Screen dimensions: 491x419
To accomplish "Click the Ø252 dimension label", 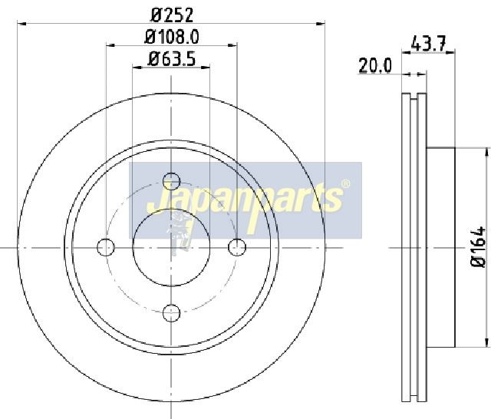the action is [172, 15].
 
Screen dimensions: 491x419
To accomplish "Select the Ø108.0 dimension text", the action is [172, 38].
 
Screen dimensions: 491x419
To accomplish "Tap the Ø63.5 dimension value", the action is [172, 59].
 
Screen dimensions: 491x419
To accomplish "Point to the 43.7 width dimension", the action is [427, 45].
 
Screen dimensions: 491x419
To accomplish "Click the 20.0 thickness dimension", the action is [375, 66].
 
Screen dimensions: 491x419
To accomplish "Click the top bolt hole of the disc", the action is [172, 181].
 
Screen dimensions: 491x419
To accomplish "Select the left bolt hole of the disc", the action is [106, 247].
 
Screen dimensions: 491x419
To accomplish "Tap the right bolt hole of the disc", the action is [237, 247].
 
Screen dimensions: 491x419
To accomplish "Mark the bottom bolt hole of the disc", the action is [172, 312].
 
